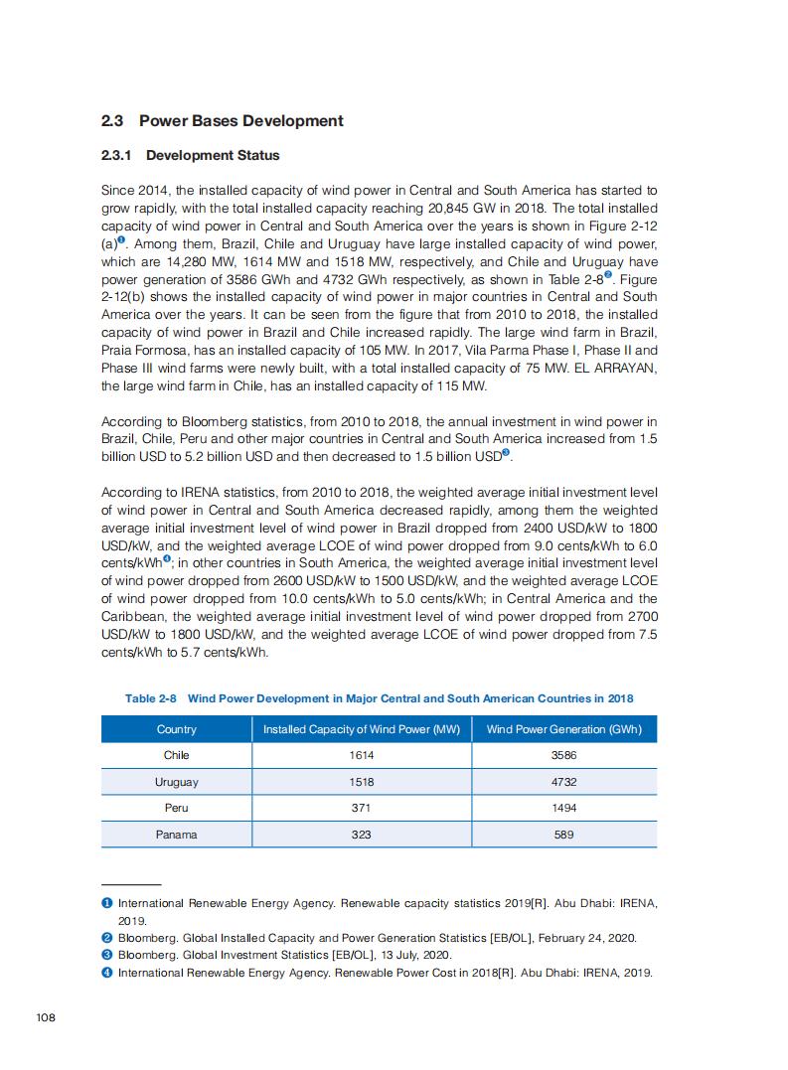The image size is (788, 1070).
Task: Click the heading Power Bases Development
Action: click(x=240, y=121)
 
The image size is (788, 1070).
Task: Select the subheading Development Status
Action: click(x=212, y=156)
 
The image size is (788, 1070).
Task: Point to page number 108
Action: click(x=45, y=1017)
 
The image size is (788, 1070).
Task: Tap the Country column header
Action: click(x=176, y=729)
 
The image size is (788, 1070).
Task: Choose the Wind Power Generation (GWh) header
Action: click(x=563, y=729)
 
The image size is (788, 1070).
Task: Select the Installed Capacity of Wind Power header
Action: click(x=361, y=729)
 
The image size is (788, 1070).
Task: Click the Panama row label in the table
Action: click(x=176, y=835)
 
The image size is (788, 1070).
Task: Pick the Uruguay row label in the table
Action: click(x=176, y=782)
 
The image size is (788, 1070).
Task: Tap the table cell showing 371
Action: click(x=361, y=808)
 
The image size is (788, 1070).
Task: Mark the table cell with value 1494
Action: click(x=563, y=808)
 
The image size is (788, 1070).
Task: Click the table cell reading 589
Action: click(x=563, y=835)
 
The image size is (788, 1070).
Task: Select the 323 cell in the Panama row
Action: click(x=361, y=835)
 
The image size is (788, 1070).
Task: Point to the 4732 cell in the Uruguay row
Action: click(x=563, y=782)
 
